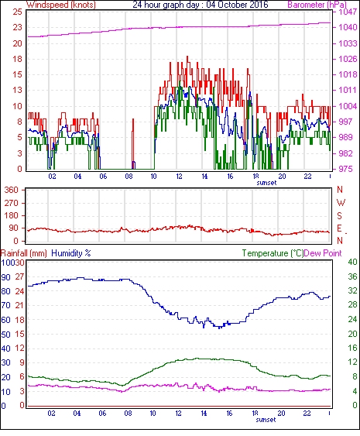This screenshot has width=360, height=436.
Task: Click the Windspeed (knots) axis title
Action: [x=61, y=5]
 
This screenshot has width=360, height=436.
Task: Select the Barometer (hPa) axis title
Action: [x=317, y=5]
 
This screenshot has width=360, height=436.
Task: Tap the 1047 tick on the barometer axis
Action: [x=348, y=12]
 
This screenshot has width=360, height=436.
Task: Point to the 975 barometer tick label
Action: [x=345, y=169]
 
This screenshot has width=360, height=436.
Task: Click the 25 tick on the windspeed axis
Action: [x=17, y=12]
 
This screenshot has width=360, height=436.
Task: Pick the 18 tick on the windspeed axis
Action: [x=17, y=59]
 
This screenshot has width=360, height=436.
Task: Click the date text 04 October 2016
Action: [x=237, y=5]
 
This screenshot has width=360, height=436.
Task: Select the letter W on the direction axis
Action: [x=341, y=203]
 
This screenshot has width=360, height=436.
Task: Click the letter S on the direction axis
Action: [x=339, y=215]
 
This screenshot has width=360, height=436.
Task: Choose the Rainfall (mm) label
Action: [x=24, y=253]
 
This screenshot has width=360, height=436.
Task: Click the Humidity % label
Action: [x=71, y=253]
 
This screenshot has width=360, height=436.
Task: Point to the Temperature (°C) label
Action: [x=273, y=253]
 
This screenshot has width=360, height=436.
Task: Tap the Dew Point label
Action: [x=323, y=253]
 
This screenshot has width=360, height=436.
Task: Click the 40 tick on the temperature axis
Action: [x=353, y=262]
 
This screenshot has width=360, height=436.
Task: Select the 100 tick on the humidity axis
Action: [x=7, y=263]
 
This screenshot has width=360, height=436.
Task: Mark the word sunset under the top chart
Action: [x=266, y=183]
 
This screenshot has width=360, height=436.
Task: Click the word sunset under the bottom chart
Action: [x=266, y=419]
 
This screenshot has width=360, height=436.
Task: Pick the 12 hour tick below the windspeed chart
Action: [x=179, y=177]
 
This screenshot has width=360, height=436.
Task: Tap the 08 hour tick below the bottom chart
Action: [x=128, y=414]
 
